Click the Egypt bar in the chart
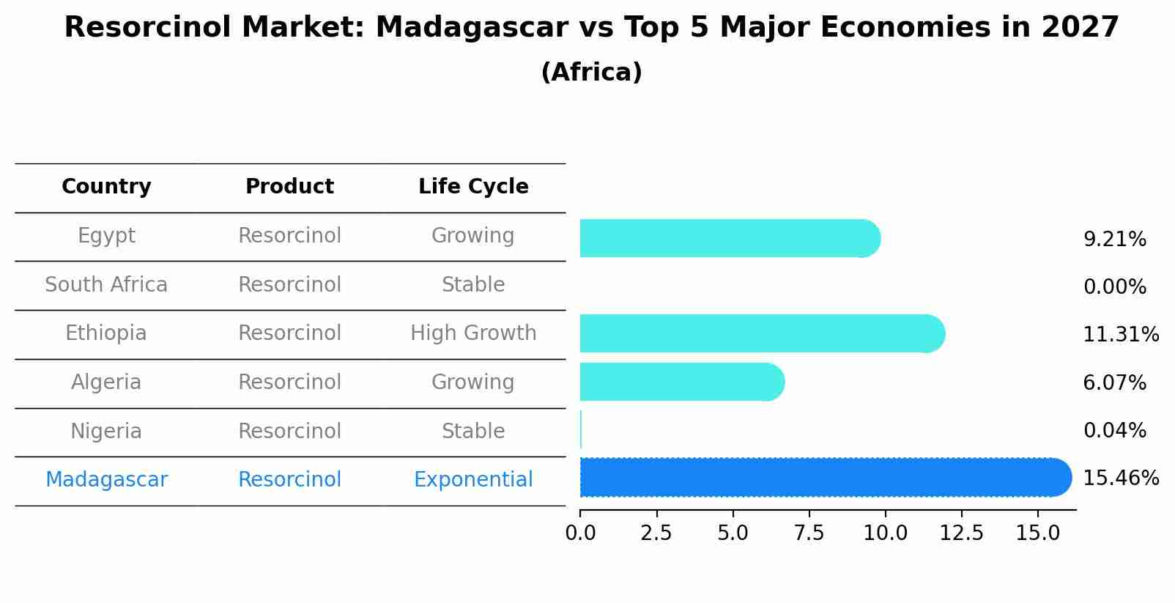729,238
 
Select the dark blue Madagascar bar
825,478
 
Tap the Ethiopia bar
762,334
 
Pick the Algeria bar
681,382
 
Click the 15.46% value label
1120,478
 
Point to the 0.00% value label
1114,287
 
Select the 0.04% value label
1114,431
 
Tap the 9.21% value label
1114,240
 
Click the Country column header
106,187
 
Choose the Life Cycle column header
473,187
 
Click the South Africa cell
106,285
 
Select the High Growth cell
473,333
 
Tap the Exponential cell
473,480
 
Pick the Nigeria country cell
106,432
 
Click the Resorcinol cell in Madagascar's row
289,480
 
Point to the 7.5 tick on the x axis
809,533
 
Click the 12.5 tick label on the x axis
961,533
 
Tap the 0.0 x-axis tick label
580,533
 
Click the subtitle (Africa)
591,73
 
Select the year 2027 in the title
1080,28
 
